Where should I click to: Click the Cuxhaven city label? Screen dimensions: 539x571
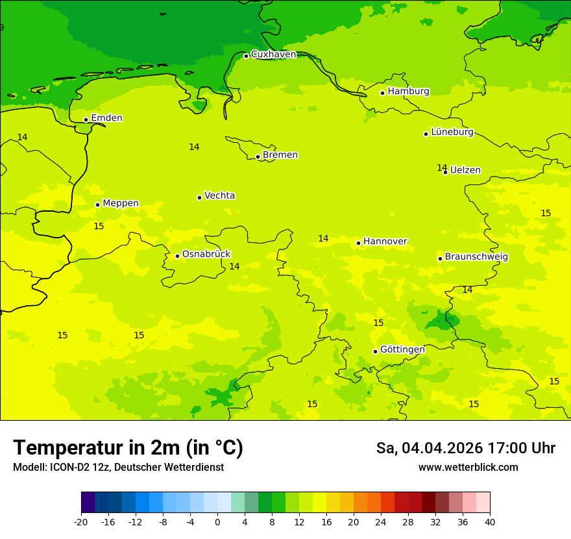tap(273, 55)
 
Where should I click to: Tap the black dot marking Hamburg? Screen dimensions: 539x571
tap(382, 93)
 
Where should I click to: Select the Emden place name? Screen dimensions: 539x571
tap(106, 118)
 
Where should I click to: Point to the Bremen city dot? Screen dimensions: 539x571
tap(258, 157)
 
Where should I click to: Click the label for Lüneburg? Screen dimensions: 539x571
tap(452, 132)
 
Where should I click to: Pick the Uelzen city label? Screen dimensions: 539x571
tap(465, 170)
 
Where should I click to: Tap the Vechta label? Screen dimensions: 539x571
tap(219, 195)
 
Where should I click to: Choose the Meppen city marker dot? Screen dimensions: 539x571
tap(97, 205)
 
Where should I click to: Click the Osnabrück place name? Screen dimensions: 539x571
tap(206, 255)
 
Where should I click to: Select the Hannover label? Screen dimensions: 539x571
tap(385, 242)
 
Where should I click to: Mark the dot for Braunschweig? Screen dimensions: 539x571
tap(440, 258)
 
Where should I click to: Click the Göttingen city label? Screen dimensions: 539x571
tap(402, 350)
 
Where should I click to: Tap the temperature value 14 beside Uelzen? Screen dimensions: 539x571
tap(442, 168)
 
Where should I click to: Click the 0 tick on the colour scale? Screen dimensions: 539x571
tap(217, 521)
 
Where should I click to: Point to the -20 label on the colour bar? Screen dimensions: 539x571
tap(81, 521)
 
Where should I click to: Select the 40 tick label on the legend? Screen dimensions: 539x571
tap(490, 521)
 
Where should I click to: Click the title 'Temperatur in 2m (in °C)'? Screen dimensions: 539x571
tap(128, 447)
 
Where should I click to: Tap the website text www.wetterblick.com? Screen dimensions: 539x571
tap(468, 468)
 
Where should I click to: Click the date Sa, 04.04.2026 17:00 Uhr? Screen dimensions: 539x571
tap(465, 448)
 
